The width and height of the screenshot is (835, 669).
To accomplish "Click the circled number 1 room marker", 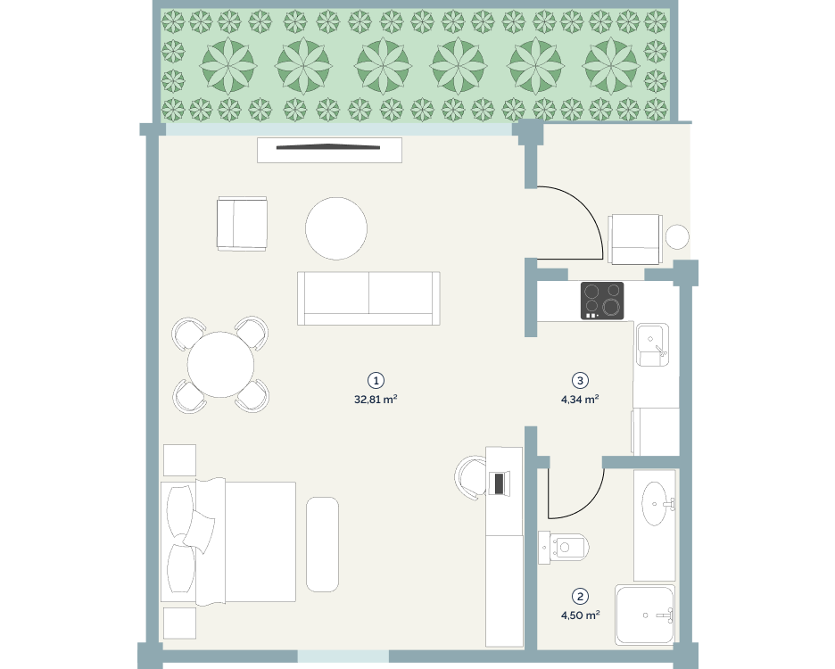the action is pos(376,380).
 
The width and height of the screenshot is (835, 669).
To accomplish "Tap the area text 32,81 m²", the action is pos(376,399).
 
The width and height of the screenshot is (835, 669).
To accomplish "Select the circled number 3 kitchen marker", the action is pos(580,380).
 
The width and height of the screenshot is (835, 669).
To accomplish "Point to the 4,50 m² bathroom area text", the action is pos(581,615).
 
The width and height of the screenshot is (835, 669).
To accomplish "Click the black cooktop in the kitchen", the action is pos(602,301).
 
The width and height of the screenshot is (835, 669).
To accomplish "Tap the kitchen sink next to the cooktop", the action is pos(652,344).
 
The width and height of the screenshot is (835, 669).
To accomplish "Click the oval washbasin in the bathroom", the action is pos(657,503).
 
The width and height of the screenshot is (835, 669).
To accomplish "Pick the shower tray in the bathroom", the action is pos(645,615).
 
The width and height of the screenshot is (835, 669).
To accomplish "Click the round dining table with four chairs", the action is pos(220,364).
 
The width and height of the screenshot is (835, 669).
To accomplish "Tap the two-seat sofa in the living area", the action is pos(368,298).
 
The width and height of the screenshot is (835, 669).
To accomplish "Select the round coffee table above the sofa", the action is pos(336,228).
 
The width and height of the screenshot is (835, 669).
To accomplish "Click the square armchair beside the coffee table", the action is pos(242,224).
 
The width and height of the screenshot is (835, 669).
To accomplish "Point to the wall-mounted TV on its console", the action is pos(328,147).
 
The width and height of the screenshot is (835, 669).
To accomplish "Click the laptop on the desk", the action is pos(499,483).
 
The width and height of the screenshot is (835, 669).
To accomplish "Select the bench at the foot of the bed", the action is pos(322,544).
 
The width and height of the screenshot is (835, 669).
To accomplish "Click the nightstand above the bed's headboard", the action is pos(179,460).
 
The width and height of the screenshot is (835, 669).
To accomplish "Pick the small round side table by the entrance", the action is pos(677,237).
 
